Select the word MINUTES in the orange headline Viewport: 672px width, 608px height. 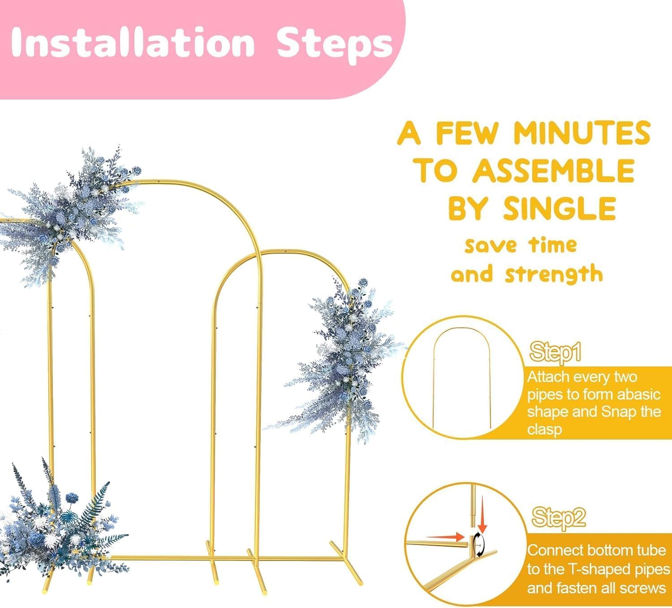tap(582, 133)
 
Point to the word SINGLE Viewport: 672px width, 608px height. tap(560, 208)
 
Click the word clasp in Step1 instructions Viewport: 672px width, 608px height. tap(544, 429)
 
